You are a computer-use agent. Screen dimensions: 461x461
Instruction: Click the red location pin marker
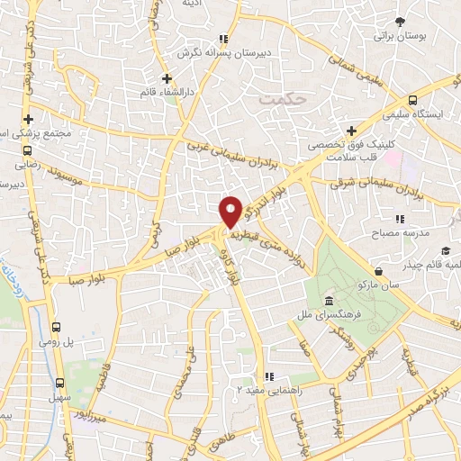231,211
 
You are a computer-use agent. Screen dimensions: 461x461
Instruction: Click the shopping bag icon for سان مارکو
378,270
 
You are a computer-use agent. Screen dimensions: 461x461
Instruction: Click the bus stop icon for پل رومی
57,328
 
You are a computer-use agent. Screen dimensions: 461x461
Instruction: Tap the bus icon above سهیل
61,381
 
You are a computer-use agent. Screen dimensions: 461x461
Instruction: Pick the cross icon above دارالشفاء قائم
167,78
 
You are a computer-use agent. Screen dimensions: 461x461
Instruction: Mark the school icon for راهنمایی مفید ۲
267,376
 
